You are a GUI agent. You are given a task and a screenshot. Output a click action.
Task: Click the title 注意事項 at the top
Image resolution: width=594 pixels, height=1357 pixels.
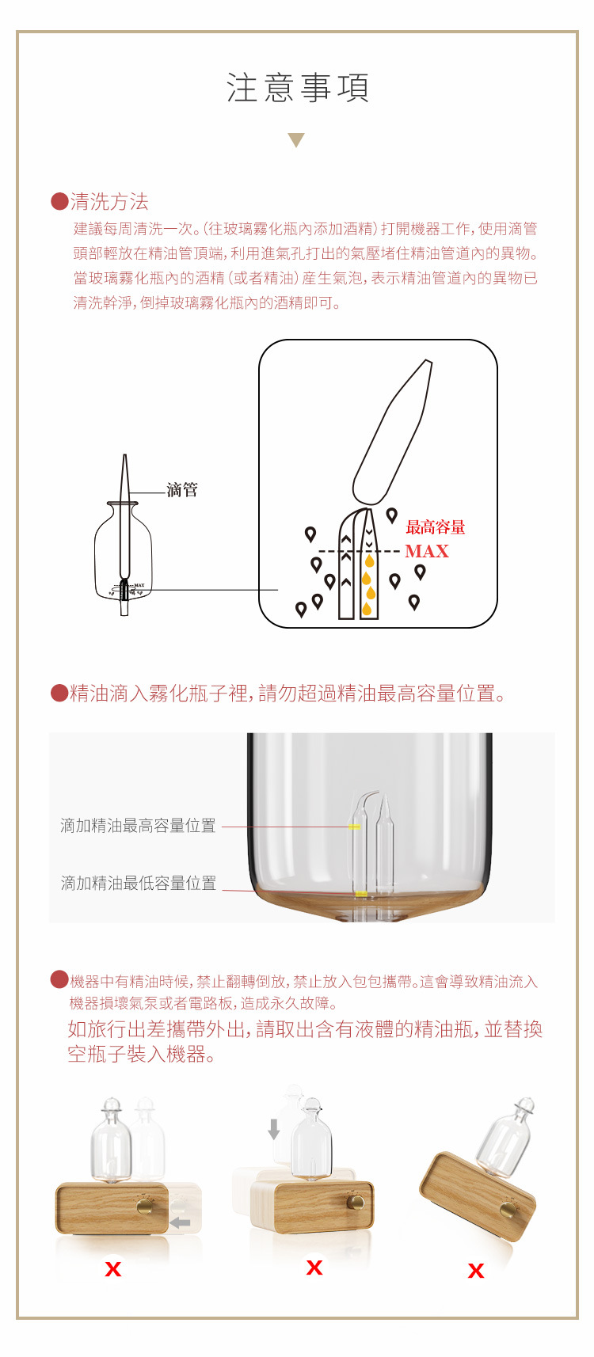tap(297, 88)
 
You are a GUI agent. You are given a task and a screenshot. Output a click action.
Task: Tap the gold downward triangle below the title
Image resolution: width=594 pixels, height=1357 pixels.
tap(296, 140)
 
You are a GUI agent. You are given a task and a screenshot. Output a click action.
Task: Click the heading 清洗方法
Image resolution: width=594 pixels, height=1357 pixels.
tap(109, 202)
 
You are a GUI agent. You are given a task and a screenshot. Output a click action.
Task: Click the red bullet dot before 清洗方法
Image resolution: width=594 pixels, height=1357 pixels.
tap(59, 201)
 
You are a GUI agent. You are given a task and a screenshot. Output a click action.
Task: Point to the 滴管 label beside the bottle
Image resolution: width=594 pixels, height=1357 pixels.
tap(182, 490)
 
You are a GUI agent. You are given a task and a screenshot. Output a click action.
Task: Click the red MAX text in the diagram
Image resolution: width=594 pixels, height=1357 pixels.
tap(427, 551)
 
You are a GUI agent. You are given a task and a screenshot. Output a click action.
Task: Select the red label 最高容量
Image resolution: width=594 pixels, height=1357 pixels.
tap(435, 527)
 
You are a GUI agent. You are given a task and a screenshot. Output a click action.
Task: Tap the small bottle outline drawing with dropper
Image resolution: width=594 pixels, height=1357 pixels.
tap(123, 554)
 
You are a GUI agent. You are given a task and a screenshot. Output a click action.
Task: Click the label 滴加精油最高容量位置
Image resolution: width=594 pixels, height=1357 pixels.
tap(138, 826)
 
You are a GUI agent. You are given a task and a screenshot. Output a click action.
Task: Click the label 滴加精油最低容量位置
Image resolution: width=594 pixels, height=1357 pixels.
tap(139, 883)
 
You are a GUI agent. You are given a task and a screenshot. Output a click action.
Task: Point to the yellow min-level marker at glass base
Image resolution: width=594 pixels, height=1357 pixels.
tap(360, 894)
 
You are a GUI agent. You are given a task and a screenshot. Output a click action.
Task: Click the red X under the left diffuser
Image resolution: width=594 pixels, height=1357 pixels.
tap(113, 1269)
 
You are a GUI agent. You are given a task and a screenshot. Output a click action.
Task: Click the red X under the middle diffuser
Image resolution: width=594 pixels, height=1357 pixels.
tap(314, 1268)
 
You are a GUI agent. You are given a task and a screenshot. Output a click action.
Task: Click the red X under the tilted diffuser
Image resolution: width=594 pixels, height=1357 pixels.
tap(475, 1271)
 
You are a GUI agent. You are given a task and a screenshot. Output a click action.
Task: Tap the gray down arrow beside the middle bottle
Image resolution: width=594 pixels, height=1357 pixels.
tap(274, 1128)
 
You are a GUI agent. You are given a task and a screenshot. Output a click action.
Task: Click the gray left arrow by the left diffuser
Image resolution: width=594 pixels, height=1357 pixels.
tap(181, 1223)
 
